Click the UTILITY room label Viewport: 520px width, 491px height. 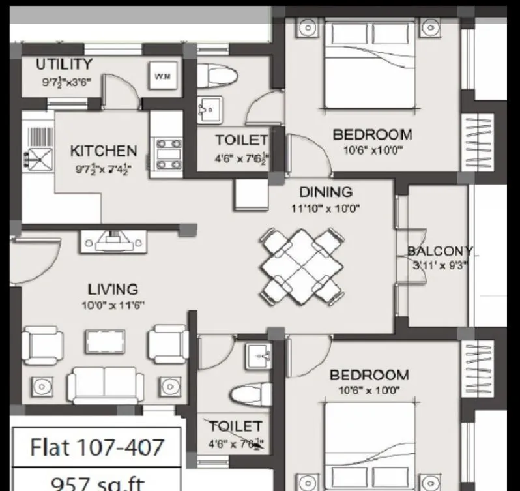[x=63, y=64]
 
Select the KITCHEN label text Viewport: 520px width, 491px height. [x=104, y=151]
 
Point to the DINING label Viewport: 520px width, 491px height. [x=325, y=192]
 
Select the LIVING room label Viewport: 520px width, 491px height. [x=113, y=288]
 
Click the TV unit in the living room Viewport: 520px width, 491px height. [x=109, y=242]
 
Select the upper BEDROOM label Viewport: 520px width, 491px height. [x=372, y=135]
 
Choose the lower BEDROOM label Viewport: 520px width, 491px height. [x=369, y=375]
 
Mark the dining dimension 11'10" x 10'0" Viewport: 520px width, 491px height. [x=326, y=209]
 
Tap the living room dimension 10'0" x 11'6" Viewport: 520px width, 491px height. [x=113, y=305]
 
